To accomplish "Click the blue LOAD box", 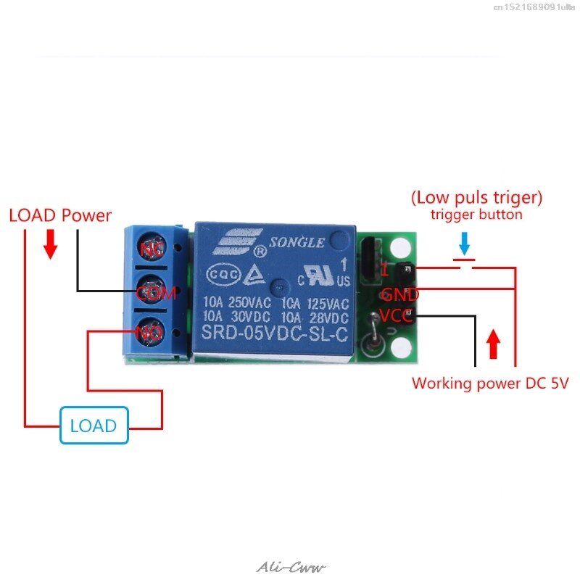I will pos(94,426).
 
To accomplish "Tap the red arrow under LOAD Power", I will pos(50,245).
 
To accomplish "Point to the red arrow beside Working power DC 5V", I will pos(494,344).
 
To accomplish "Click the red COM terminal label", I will pos(157,293).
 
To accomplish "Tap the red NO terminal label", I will pos(151,333).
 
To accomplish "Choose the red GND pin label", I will pos(400,295).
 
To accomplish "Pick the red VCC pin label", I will pos(397,316).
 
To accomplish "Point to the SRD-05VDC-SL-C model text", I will pos(275,334).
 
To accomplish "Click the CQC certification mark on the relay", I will pos(219,275).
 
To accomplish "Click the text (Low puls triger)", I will pos(476,197).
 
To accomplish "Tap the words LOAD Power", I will pos(60,215).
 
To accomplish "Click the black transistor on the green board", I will pos(370,259).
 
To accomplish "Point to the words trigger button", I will pos(476,215).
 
